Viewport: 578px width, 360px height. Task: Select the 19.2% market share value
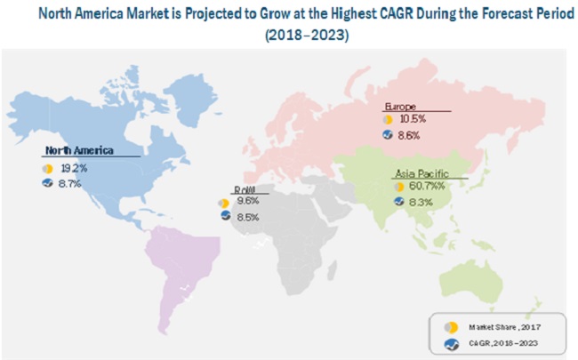coord(73,167)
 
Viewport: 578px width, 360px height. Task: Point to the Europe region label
coord(401,105)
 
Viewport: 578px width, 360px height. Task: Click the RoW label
coord(243,190)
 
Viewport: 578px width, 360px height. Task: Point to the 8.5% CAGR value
coord(248,216)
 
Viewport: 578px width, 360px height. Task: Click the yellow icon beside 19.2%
coord(46,167)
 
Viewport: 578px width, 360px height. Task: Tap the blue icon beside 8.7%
coord(46,182)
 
